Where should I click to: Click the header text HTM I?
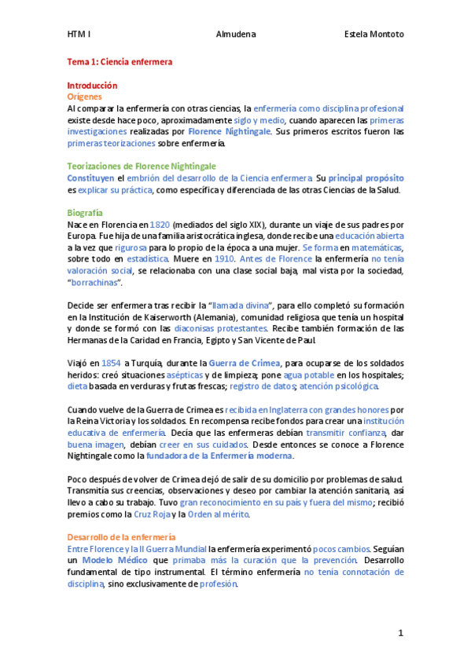79,35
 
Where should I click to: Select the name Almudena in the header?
235,35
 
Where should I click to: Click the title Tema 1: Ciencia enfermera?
120,60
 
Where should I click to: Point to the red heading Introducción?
92,85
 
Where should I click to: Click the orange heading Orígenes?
85,97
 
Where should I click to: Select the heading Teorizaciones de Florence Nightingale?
142,166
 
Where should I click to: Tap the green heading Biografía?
85,213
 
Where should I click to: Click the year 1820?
160,225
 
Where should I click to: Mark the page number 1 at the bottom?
400,633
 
